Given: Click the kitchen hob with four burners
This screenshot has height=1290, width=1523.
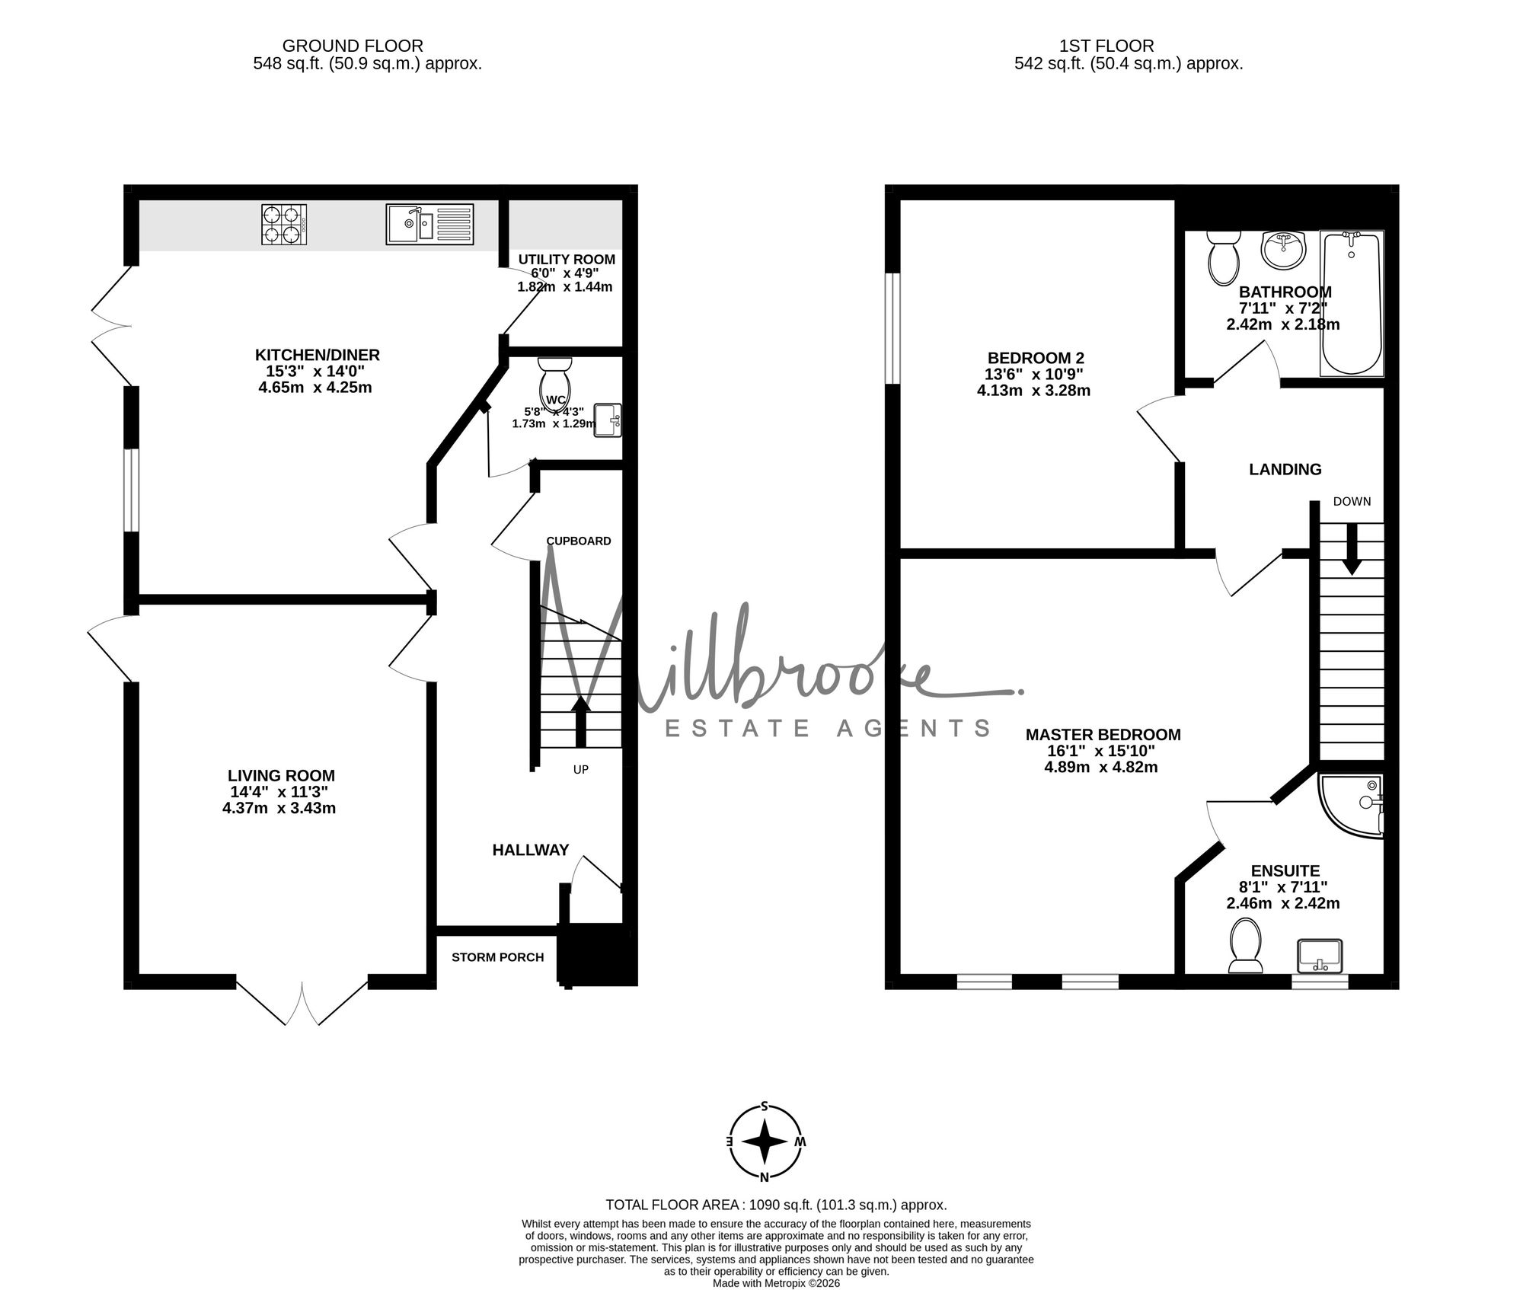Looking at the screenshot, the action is (284, 224).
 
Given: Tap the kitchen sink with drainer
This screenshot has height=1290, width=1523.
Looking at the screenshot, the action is (429, 224).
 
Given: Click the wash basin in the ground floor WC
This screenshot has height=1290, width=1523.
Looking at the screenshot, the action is (608, 420).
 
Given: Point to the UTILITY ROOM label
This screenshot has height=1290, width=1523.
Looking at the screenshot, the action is (567, 260).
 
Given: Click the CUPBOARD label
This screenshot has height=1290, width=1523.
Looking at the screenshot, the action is (579, 541).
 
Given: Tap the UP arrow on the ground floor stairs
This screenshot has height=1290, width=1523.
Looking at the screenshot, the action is (581, 720).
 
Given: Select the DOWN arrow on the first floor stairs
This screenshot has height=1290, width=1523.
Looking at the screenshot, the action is (1352, 548).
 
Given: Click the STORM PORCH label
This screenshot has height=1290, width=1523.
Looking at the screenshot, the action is (498, 957).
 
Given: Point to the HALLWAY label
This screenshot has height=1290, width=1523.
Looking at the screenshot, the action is (531, 850).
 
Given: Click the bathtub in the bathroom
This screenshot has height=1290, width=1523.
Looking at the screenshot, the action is (1352, 303).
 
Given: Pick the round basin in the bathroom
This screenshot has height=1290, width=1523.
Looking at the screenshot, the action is (1283, 250).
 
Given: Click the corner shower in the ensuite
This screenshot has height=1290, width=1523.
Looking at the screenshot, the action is (1352, 806).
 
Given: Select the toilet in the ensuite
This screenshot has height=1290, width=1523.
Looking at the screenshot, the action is (1245, 946).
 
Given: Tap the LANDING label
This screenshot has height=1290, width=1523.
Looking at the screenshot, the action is (1285, 469).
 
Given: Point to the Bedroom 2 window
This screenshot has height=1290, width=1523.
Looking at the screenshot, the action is (893, 328).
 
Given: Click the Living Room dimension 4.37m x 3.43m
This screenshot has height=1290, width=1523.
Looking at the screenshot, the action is (279, 808).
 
